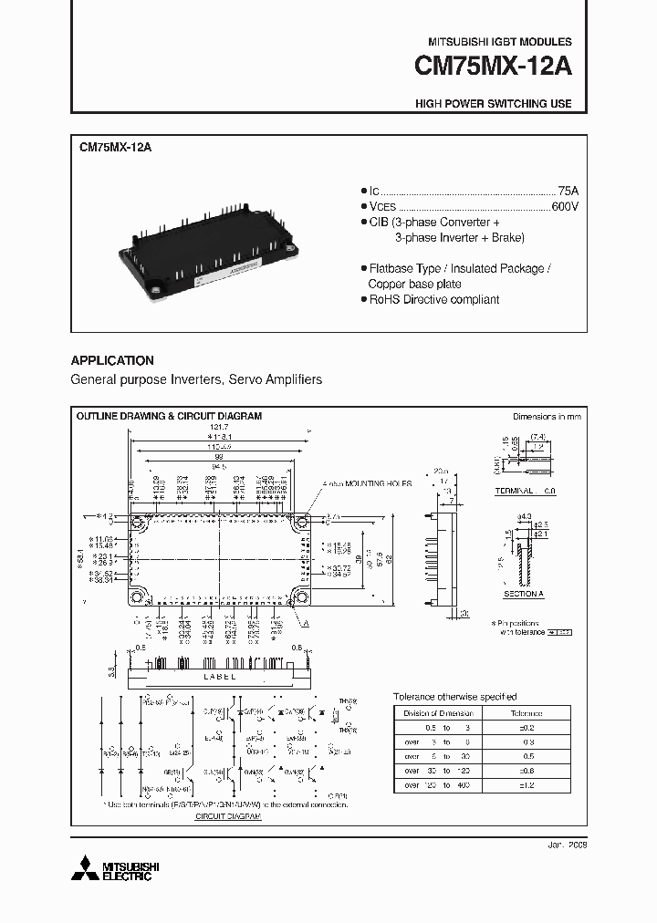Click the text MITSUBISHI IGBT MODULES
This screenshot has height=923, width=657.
point(500,42)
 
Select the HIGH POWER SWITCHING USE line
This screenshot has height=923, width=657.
point(493,104)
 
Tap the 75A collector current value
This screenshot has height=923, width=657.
point(568,191)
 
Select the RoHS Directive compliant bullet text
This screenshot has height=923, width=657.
point(433,300)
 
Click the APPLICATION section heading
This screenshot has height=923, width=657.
point(112,361)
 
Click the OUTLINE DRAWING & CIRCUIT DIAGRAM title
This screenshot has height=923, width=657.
point(169,416)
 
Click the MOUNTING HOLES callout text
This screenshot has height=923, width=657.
point(371,483)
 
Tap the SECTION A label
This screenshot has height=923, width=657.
point(523,594)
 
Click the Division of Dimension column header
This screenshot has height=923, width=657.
point(439,713)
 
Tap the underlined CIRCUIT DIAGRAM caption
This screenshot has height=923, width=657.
point(228,817)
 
